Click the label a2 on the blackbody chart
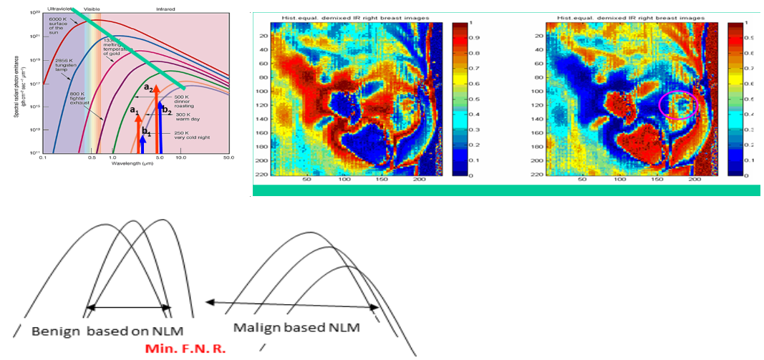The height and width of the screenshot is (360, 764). click(148, 87)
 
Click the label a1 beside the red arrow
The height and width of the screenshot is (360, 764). click(133, 110)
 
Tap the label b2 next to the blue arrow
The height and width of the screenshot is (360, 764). click(165, 110)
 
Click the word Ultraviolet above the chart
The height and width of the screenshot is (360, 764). click(62, 9)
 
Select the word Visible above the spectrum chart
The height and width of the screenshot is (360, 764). click(92, 9)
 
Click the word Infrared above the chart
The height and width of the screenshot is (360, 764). click(166, 9)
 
